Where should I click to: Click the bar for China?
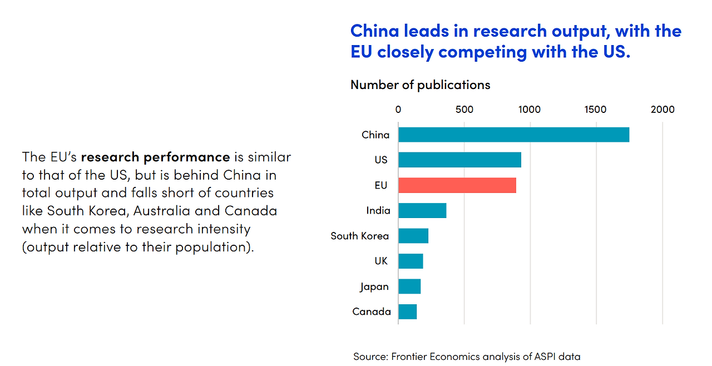coord(513,135)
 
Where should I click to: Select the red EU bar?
coord(457,185)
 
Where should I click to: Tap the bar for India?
coord(422,210)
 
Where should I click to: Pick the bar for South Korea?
coord(413,236)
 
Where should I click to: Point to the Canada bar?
coord(407,311)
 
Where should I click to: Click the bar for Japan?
coord(409,286)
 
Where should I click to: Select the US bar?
coord(459,160)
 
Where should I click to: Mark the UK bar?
coord(411,261)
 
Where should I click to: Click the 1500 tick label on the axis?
coord(596,110)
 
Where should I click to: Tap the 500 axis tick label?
coord(464,110)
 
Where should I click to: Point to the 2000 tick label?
coord(662,110)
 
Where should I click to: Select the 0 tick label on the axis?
coord(398,110)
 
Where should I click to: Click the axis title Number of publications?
coord(420,85)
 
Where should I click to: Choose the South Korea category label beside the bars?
coord(359,236)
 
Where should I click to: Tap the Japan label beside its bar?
coord(374,287)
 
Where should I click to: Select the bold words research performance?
coord(155,157)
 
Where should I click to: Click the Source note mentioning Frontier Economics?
coord(466,356)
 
